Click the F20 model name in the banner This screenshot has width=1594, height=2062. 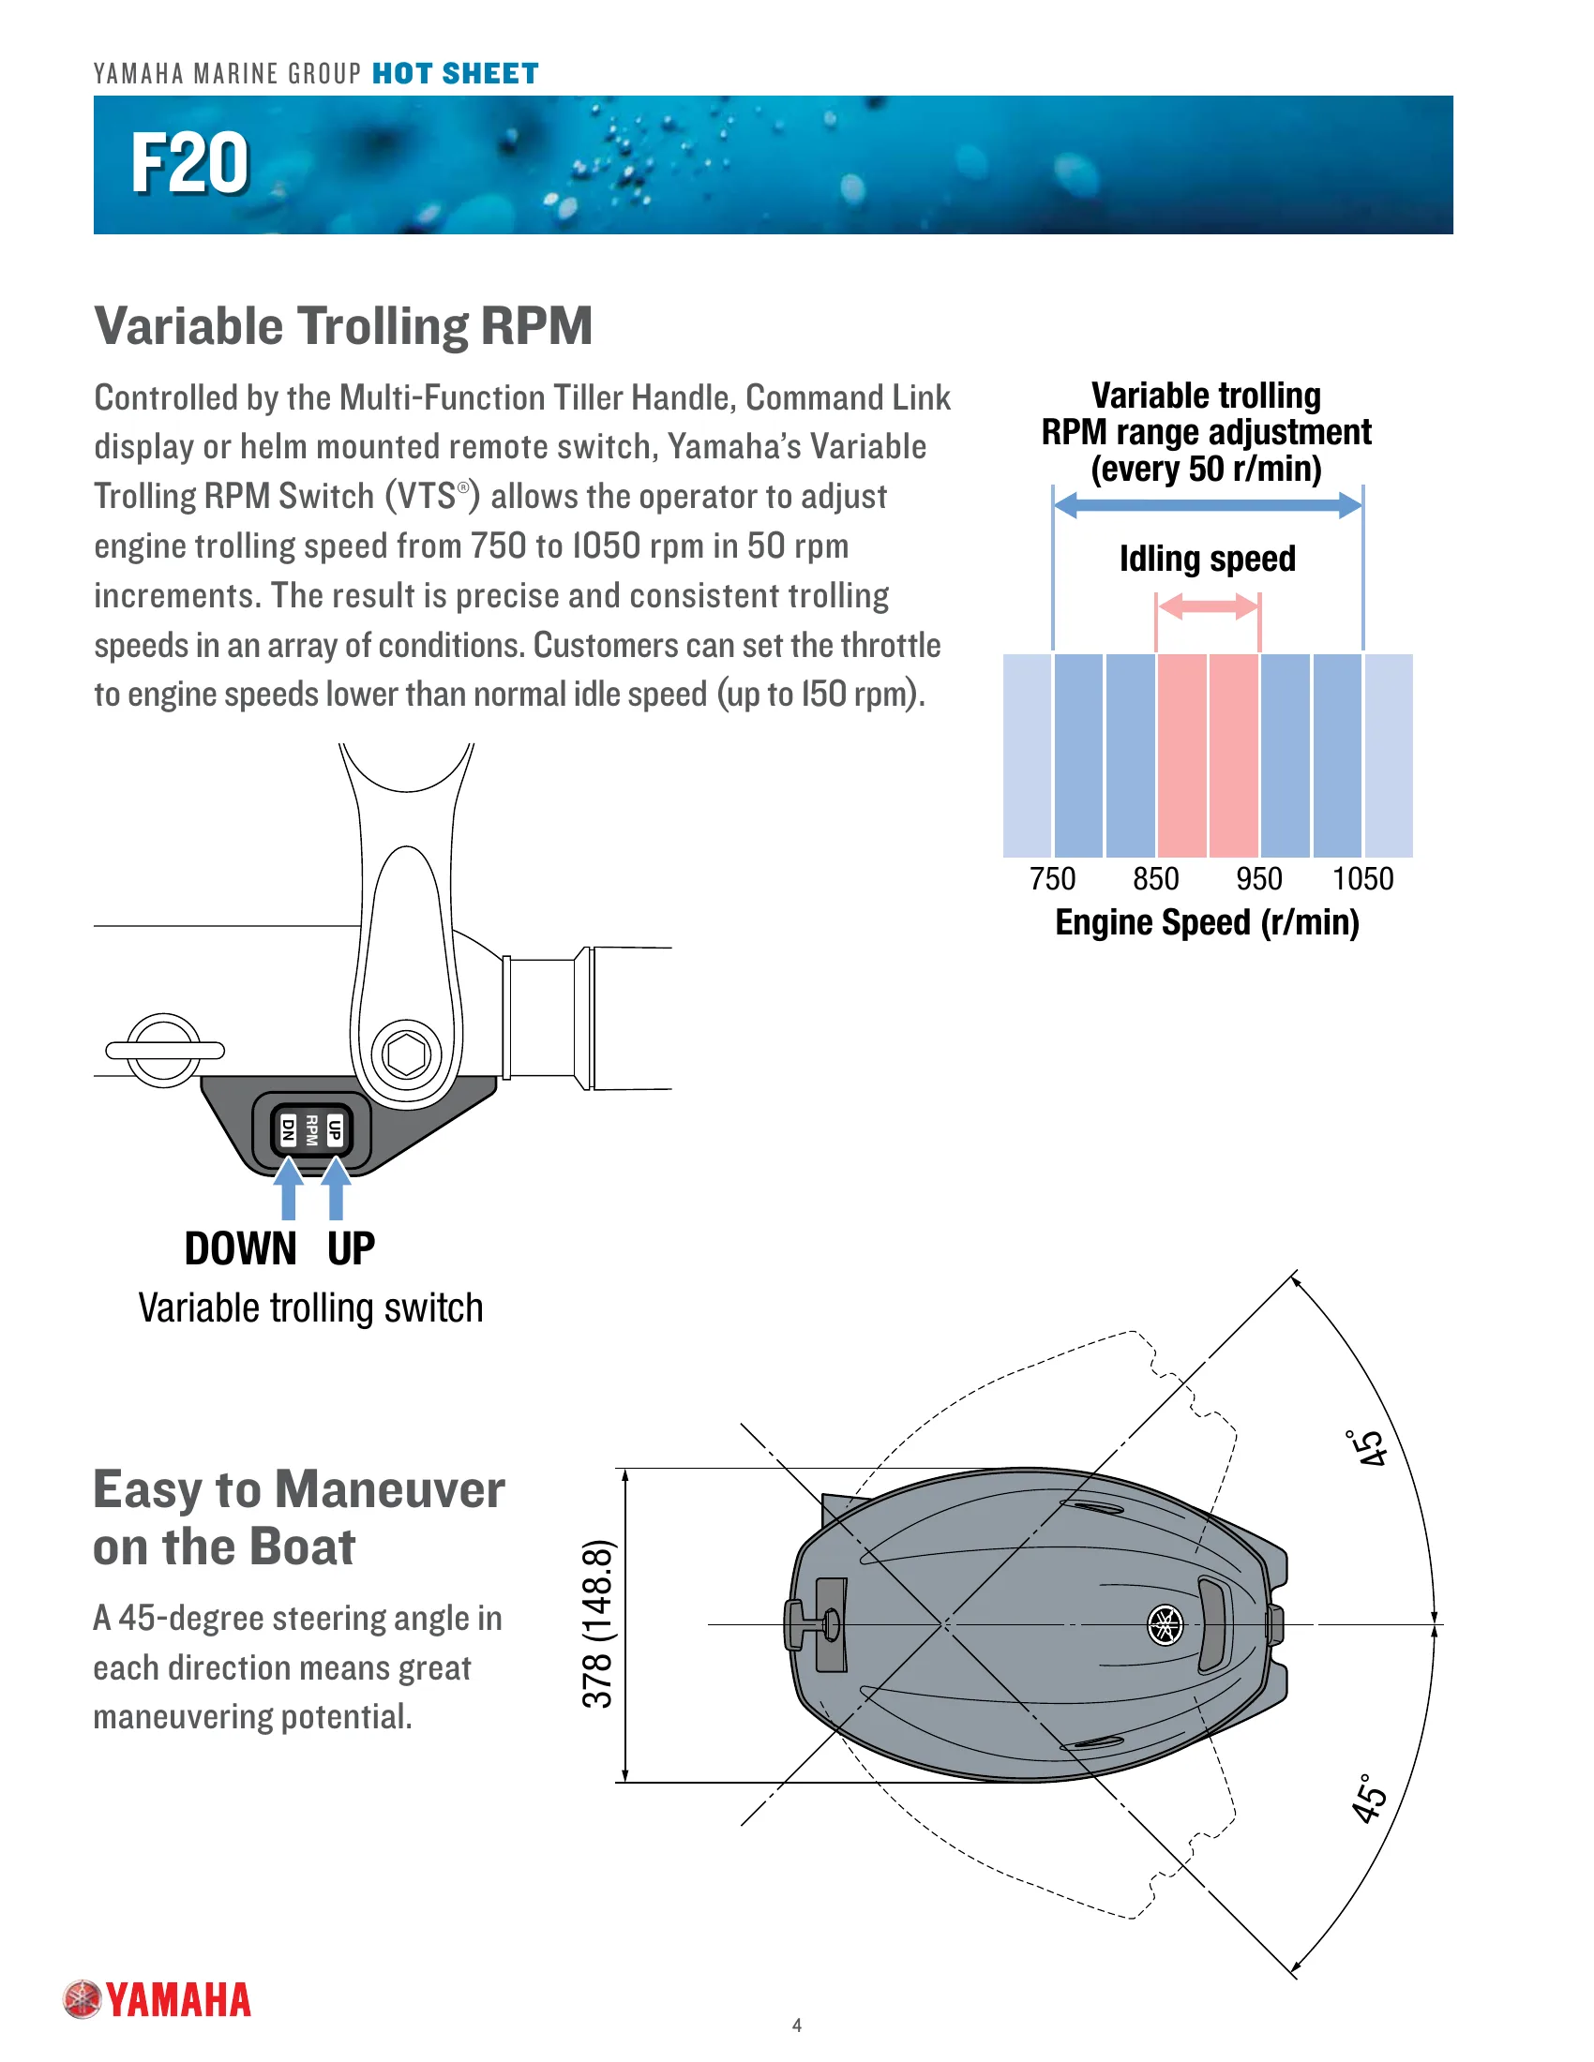pyautogui.click(x=189, y=163)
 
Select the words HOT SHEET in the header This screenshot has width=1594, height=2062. pyautogui.click(x=455, y=74)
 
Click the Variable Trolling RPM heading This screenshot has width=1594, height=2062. pyautogui.click(x=344, y=327)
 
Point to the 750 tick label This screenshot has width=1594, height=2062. pyautogui.click(x=1052, y=879)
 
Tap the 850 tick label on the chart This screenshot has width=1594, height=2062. pyautogui.click(x=1156, y=879)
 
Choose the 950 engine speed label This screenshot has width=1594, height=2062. pyautogui.click(x=1258, y=879)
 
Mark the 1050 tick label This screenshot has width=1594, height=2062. pyautogui.click(x=1362, y=879)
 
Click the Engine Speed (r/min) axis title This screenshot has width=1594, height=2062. pyautogui.click(x=1207, y=922)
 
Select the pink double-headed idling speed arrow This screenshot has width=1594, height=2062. pyautogui.click(x=1208, y=607)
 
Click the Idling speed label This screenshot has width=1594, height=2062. pyautogui.click(x=1207, y=559)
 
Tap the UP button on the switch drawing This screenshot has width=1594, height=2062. pyautogui.click(x=335, y=1129)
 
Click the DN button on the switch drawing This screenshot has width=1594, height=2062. pyautogui.click(x=289, y=1129)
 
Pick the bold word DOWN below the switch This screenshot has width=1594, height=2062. pyautogui.click(x=241, y=1249)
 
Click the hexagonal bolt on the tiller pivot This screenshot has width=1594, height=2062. pyautogui.click(x=407, y=1054)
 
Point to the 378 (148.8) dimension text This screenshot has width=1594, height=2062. pyautogui.click(x=598, y=1624)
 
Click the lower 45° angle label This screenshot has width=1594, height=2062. pyautogui.click(x=1369, y=1800)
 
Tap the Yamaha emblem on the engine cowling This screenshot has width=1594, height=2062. pyautogui.click(x=1165, y=1626)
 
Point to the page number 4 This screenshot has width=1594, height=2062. pyautogui.click(x=797, y=2025)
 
